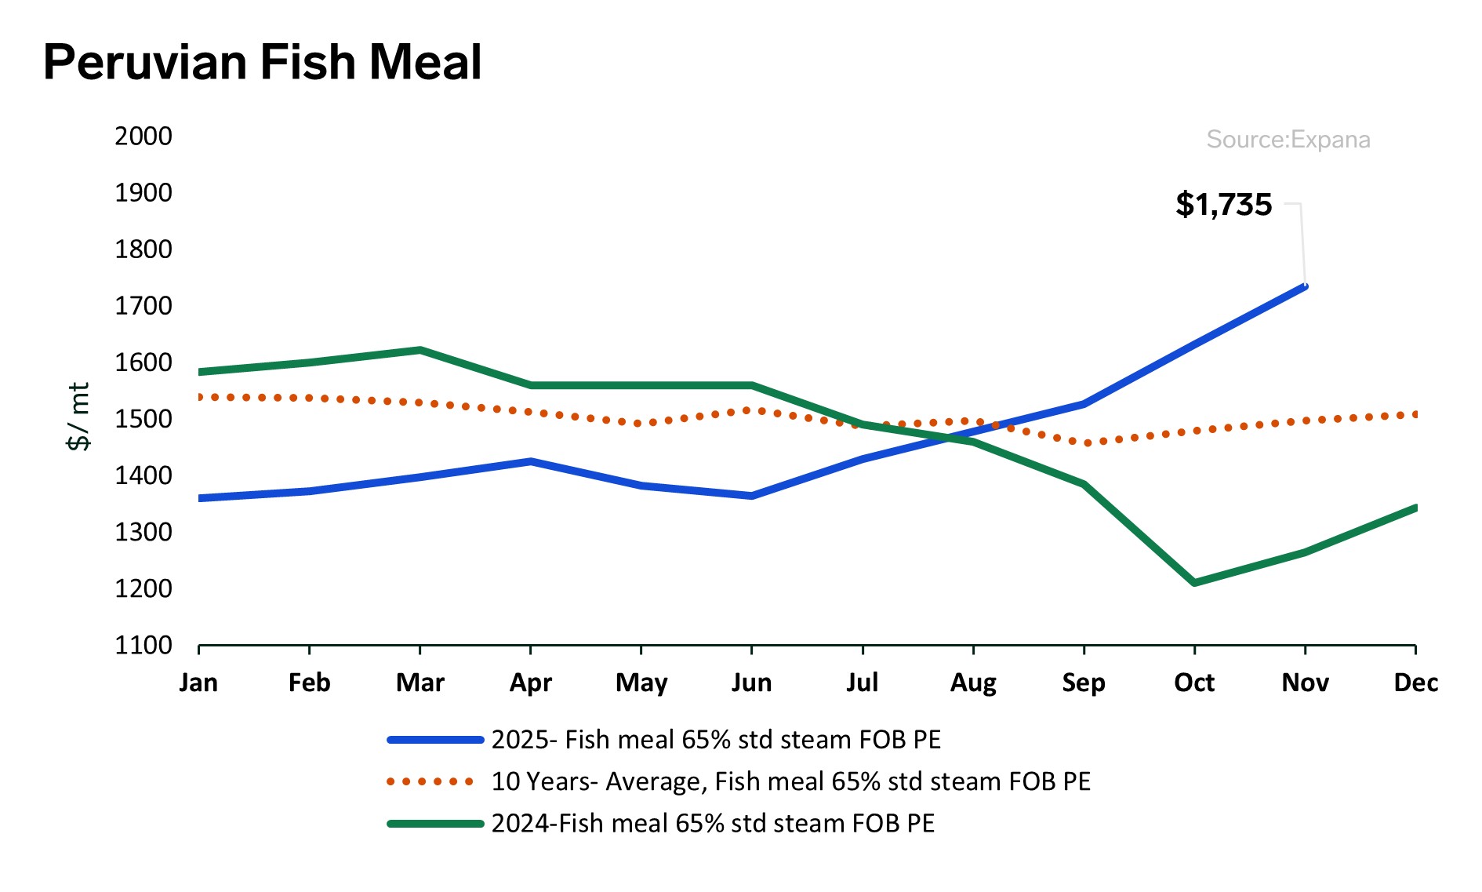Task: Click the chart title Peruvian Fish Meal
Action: [x=262, y=62]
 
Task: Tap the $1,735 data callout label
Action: [x=1223, y=205]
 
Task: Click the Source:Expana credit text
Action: [x=1288, y=140]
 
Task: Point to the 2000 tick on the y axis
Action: [x=143, y=137]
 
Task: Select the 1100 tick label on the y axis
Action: [x=143, y=646]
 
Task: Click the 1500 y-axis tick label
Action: [x=143, y=419]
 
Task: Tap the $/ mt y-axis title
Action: [x=79, y=417]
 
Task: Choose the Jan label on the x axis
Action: [x=198, y=683]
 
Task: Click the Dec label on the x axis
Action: [x=1415, y=683]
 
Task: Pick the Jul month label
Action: [x=862, y=683]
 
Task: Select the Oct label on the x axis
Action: [x=1193, y=683]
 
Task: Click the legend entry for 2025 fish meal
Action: [x=715, y=740]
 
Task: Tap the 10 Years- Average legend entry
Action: [x=790, y=781]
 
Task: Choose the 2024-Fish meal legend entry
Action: [x=712, y=824]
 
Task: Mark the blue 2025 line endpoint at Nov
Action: [x=1305, y=286]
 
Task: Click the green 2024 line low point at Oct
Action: [x=1194, y=583]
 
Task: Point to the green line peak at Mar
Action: [x=420, y=350]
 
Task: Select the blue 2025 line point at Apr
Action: [x=531, y=461]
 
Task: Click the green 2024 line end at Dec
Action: [x=1415, y=508]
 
